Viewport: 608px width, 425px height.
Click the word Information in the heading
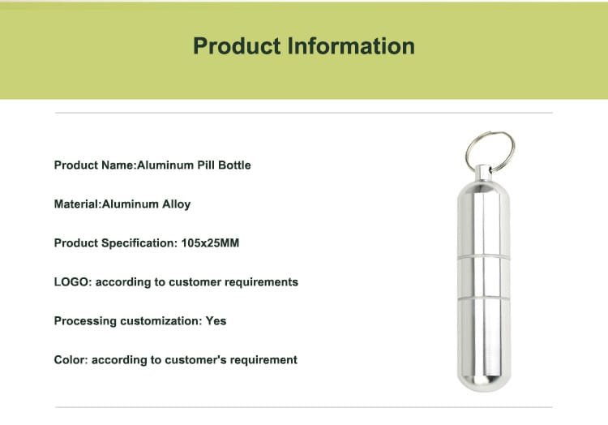coord(351,45)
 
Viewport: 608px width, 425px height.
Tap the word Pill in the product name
coord(206,165)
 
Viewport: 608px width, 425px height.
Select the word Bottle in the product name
coord(234,165)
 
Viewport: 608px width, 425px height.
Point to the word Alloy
coord(176,204)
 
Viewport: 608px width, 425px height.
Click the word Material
coord(77,204)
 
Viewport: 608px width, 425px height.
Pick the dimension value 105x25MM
coord(210,243)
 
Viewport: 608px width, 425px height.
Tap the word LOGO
coord(71,282)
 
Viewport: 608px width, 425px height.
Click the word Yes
coord(216,321)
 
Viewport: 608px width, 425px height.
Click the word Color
coord(71,360)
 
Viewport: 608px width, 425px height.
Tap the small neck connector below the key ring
coord(483,174)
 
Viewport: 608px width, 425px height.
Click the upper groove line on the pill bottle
coord(483,257)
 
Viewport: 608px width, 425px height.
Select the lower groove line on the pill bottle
coord(483,298)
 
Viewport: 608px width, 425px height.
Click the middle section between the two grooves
coord(483,277)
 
